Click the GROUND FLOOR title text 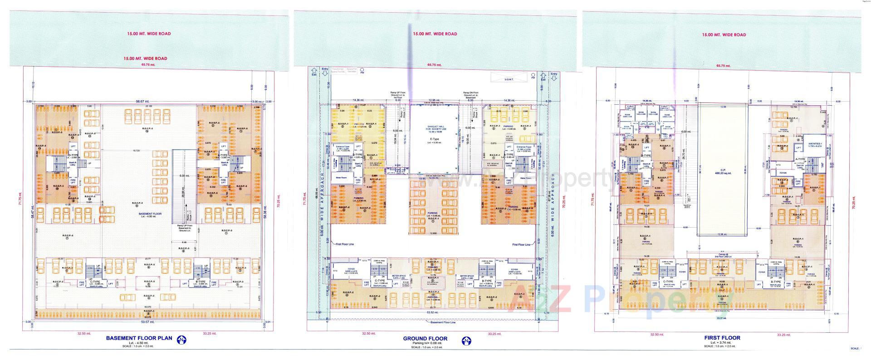(425, 339)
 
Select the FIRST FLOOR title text (722, 338)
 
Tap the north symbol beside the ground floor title (466, 340)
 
